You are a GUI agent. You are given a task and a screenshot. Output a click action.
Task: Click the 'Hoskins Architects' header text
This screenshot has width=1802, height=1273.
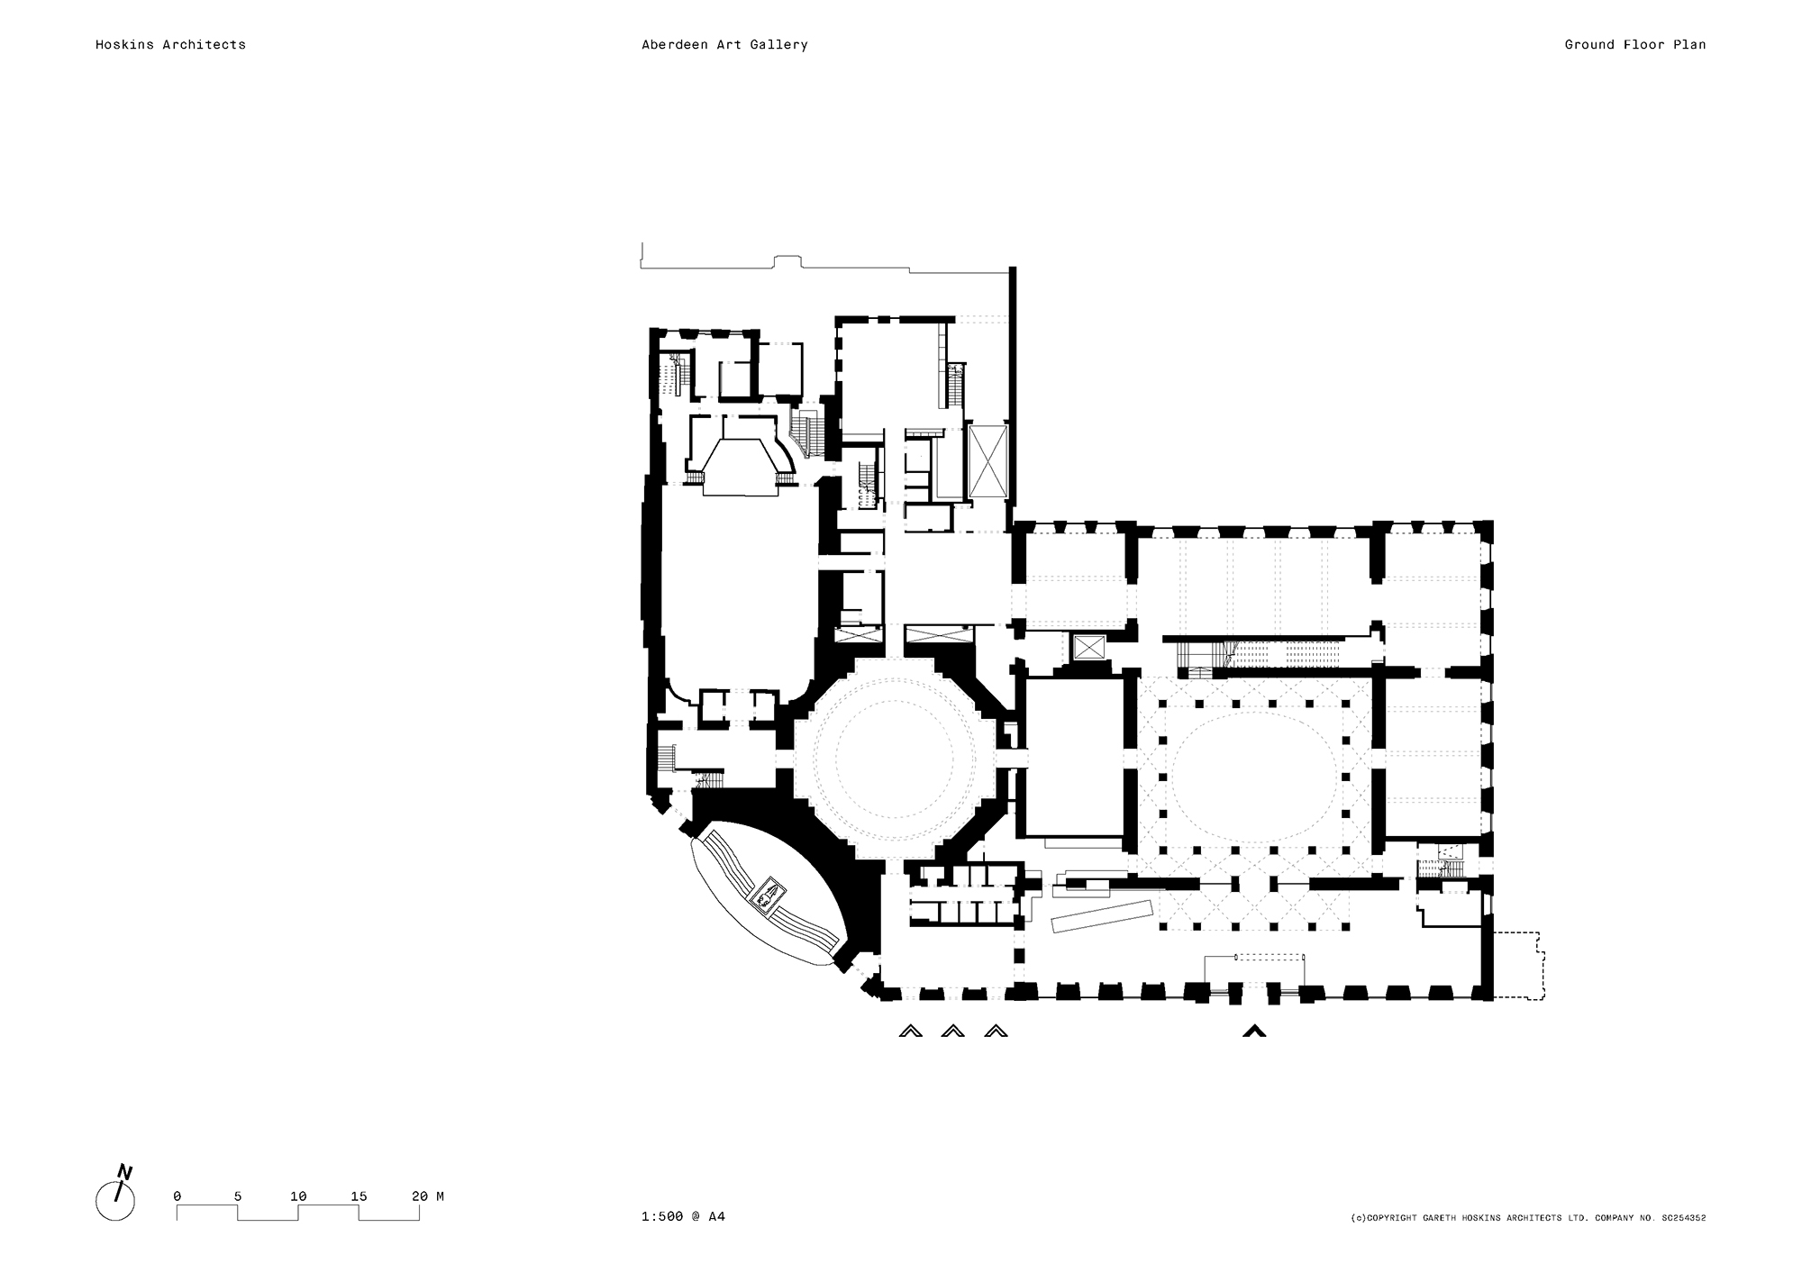pyautogui.click(x=170, y=44)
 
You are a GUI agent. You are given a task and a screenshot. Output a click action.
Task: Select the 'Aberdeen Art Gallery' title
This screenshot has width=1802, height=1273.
pyautogui.click(x=724, y=44)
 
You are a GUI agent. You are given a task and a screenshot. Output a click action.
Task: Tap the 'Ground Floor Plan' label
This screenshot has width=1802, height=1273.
pyautogui.click(x=1634, y=44)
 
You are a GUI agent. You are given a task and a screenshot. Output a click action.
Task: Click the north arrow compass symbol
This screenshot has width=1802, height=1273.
pyautogui.click(x=115, y=1196)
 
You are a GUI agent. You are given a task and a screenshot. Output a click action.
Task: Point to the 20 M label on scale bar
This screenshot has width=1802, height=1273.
pyautogui.click(x=428, y=1196)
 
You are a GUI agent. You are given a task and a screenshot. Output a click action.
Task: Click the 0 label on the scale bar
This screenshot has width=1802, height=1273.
pyautogui.click(x=177, y=1196)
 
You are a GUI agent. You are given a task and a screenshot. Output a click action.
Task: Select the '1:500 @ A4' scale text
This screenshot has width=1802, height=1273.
pyautogui.click(x=683, y=1216)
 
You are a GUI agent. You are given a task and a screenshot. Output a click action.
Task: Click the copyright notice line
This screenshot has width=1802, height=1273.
pyautogui.click(x=1529, y=1218)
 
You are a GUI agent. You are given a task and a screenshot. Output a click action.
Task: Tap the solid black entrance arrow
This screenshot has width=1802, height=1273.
pyautogui.click(x=1254, y=1031)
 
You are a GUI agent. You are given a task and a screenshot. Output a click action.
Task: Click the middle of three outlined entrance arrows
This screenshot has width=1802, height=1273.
pyautogui.click(x=952, y=1031)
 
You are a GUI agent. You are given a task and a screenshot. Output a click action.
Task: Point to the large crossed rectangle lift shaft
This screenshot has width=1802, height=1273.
pyautogui.click(x=987, y=460)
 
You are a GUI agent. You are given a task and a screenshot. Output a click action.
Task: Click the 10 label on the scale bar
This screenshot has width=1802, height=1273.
pyautogui.click(x=298, y=1196)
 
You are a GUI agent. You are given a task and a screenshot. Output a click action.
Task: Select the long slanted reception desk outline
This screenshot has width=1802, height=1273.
pyautogui.click(x=1103, y=916)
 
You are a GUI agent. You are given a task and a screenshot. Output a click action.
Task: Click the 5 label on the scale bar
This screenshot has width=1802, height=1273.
pyautogui.click(x=238, y=1196)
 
